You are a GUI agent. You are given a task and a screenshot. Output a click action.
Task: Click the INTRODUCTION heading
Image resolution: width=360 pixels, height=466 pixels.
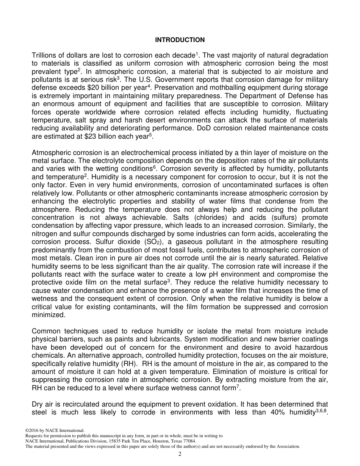pyautogui.click(x=180, y=40)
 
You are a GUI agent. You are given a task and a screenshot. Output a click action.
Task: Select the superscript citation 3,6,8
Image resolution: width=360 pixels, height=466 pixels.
pyautogui.click(x=321, y=411)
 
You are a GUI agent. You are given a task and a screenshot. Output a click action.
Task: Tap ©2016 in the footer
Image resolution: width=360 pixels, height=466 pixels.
pyautogui.click(x=32, y=430)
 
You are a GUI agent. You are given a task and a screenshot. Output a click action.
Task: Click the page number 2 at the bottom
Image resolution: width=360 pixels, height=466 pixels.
pyautogui.click(x=180, y=454)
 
